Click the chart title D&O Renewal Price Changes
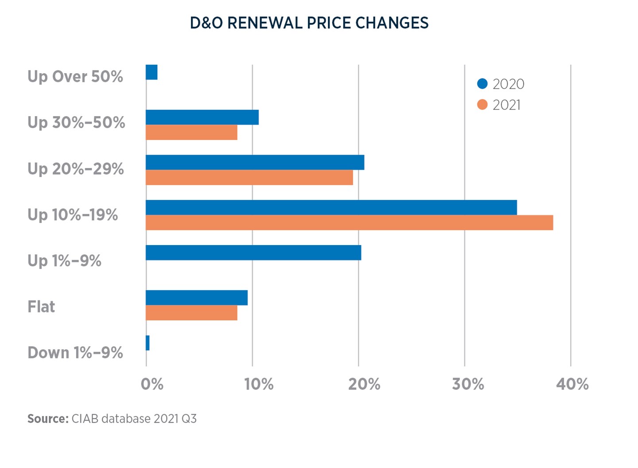click(x=309, y=23)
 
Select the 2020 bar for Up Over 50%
click(x=152, y=72)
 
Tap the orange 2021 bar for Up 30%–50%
click(x=191, y=133)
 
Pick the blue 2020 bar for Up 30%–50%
click(x=202, y=117)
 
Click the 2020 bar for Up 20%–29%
click(x=255, y=163)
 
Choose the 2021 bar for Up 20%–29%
click(x=249, y=178)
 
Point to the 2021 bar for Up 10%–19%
click(x=349, y=222)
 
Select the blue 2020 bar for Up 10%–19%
click(x=331, y=207)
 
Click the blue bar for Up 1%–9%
click(x=253, y=253)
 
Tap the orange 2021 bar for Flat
click(x=191, y=313)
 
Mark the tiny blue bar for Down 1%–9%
click(x=148, y=343)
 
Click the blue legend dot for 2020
click(x=482, y=84)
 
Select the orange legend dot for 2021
click(x=482, y=105)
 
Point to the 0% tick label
click(x=152, y=384)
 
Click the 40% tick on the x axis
click(x=572, y=384)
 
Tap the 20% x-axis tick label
click(x=364, y=384)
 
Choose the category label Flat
click(x=41, y=307)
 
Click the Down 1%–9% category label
click(x=75, y=353)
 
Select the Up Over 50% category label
click(x=75, y=77)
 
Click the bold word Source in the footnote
click(x=47, y=419)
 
